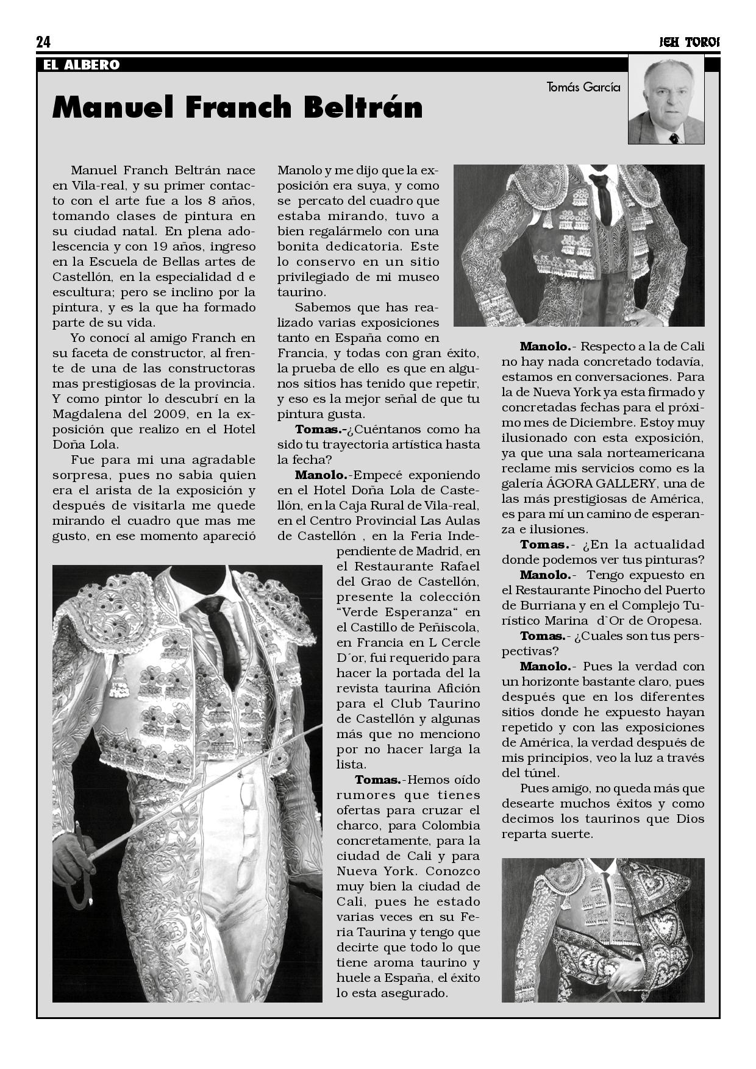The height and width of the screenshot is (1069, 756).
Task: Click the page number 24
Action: [43, 42]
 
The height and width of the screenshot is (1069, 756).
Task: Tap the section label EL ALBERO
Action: [81, 65]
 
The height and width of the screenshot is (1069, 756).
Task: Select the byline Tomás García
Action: [583, 87]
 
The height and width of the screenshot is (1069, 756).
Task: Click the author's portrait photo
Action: [666, 101]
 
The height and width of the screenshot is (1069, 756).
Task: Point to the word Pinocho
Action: [626, 590]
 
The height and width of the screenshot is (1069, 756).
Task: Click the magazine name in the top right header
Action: [689, 43]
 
